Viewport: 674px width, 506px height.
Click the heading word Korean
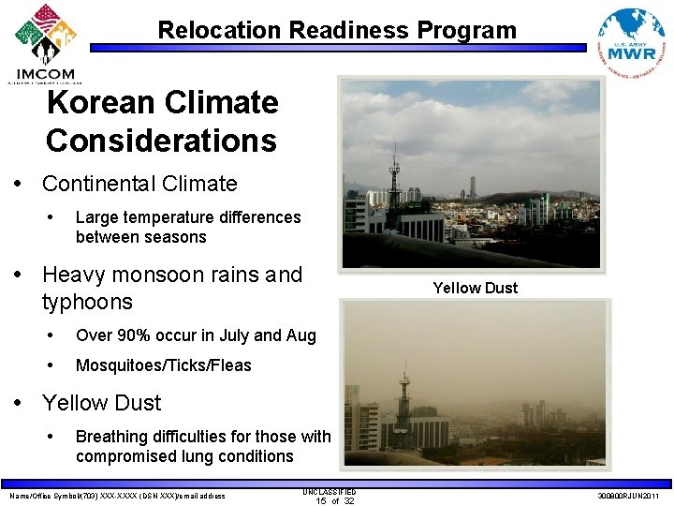click(101, 102)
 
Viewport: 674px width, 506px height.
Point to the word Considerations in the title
click(161, 141)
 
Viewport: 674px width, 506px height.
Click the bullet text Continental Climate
click(139, 184)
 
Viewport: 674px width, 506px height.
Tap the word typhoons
click(87, 302)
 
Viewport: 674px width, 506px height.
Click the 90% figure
click(130, 335)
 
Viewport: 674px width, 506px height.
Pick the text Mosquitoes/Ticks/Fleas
click(163, 365)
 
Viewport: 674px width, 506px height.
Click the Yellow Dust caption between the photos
click(475, 288)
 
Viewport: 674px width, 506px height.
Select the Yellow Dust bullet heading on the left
click(101, 403)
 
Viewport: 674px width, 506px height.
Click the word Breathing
click(111, 437)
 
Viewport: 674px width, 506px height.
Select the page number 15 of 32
click(334, 500)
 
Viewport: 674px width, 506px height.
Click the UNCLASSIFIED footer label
click(330, 490)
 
